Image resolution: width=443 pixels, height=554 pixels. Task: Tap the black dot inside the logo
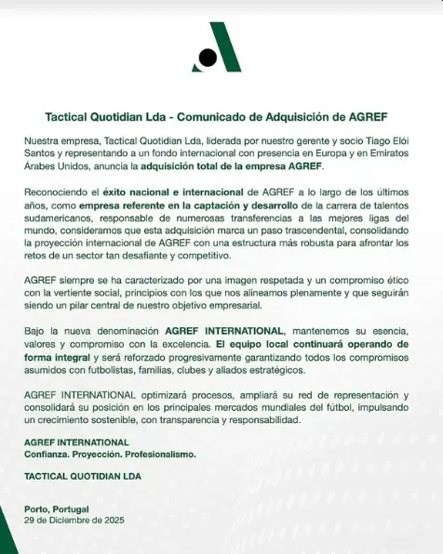(x=208, y=58)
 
